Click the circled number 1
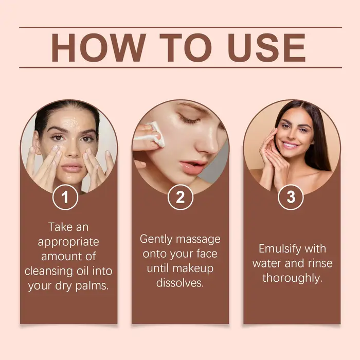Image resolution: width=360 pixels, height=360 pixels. tap(65, 197)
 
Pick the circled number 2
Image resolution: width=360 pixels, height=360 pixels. tap(180, 197)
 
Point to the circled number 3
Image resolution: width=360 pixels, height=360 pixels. tap(291, 197)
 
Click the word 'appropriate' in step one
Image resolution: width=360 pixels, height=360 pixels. tap(68, 242)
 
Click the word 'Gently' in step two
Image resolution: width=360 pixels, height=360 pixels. tap(156, 240)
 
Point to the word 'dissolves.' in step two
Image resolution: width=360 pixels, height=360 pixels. tap(180, 283)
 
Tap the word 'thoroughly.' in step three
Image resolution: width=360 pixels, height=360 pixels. tap(292, 278)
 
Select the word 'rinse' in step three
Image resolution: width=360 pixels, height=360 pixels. tap(320, 263)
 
